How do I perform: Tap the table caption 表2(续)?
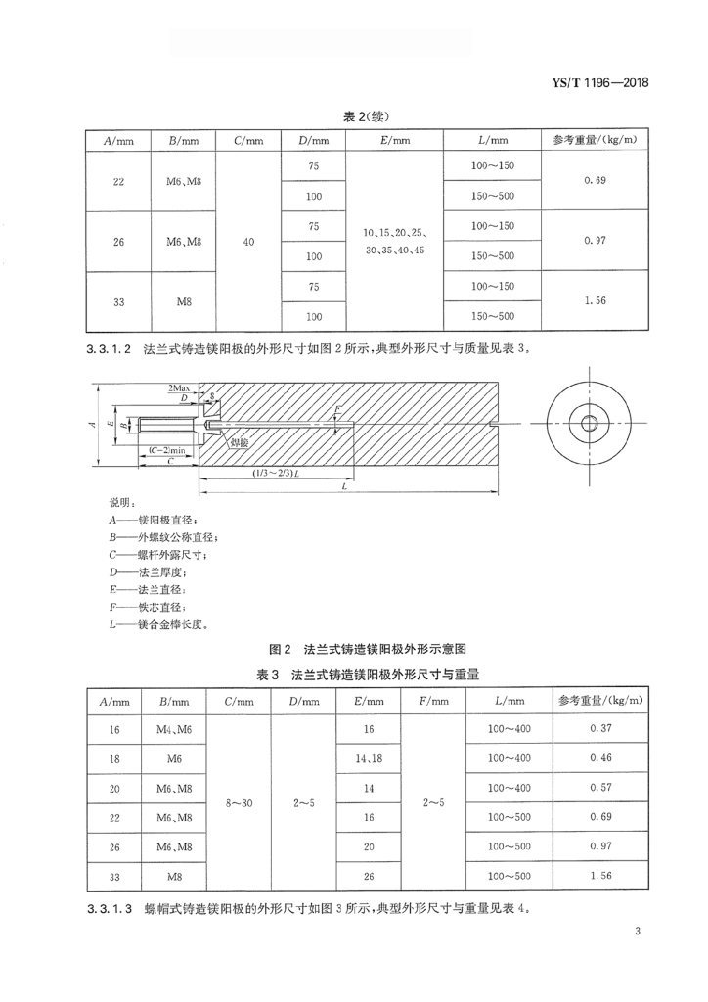[354, 116]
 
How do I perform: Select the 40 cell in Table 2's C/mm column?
[249, 242]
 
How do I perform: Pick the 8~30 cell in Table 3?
[239, 802]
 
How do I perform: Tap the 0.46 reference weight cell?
[600, 758]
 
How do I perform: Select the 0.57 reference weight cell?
[600, 788]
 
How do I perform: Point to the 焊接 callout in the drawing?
[240, 443]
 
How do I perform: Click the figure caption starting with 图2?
[353, 648]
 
